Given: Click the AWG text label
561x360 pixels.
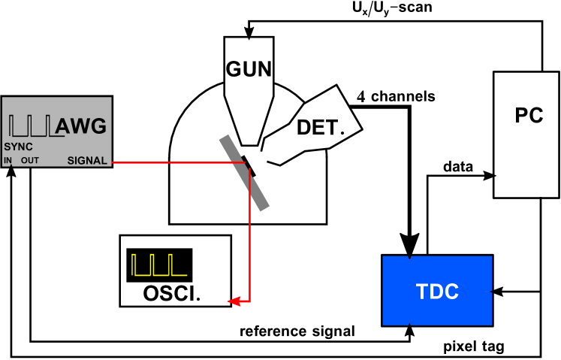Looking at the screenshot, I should click(82, 126).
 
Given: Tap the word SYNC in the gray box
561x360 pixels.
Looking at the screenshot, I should click(19, 147).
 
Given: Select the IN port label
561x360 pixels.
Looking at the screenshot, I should click(8, 161).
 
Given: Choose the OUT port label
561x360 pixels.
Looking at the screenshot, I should click(30, 161).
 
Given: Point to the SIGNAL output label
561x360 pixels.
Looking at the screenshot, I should click(87, 161).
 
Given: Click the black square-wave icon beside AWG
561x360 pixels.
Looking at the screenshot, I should click(32, 126).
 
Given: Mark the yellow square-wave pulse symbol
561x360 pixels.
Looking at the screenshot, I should click(158, 265).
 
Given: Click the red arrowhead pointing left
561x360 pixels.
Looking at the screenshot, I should click(234, 301).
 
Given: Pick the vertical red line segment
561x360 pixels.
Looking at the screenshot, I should click(249, 241).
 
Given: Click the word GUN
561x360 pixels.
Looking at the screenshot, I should click(249, 69).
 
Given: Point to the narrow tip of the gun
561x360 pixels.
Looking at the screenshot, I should click(249, 139).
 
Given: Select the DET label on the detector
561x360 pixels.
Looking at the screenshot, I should click(318, 127).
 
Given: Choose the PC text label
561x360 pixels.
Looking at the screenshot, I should click(529, 116).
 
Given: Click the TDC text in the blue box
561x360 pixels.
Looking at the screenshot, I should click(437, 292).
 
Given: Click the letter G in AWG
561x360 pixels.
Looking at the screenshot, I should click(96, 126).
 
